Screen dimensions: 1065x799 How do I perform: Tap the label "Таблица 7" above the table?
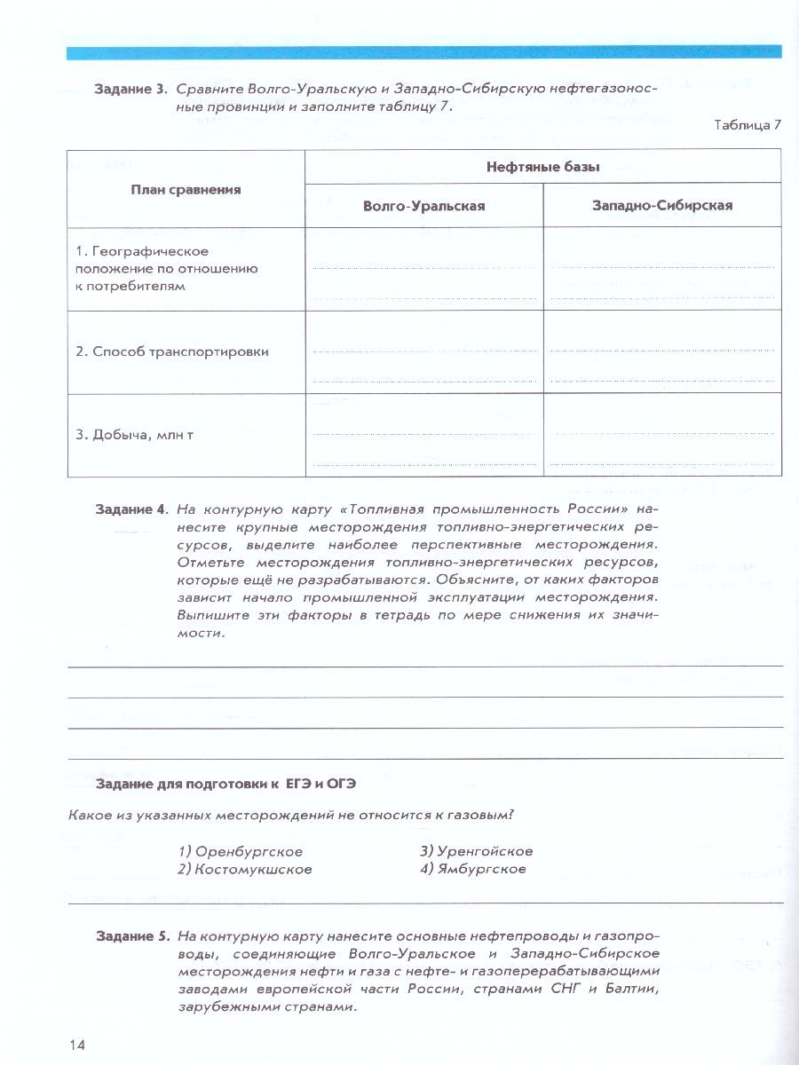pyautogui.click(x=747, y=124)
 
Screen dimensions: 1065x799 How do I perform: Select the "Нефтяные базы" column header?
pyautogui.click(x=542, y=166)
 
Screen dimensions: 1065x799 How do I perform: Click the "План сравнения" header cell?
pyautogui.click(x=186, y=188)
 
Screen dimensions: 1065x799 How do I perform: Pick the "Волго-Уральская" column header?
pyautogui.click(x=423, y=205)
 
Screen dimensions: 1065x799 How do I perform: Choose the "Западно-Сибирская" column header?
pyautogui.click(x=662, y=205)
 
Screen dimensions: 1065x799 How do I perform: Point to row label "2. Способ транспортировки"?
pyautogui.click(x=171, y=351)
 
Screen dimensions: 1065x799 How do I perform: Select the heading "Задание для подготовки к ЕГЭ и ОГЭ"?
pyautogui.click(x=230, y=785)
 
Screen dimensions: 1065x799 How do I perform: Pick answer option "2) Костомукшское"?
pyautogui.click(x=245, y=869)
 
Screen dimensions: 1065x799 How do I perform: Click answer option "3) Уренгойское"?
pyautogui.click(x=477, y=850)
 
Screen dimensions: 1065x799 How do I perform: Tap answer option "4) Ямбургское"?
pyautogui.click(x=473, y=869)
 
